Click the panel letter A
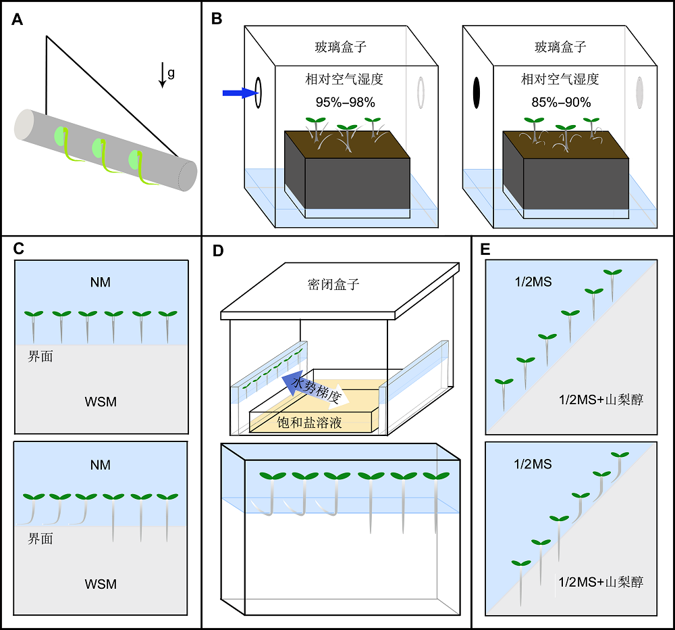[18, 20]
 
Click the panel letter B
[217, 18]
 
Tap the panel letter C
[18, 248]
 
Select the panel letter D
[218, 251]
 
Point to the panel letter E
[485, 249]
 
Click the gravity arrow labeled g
[162, 75]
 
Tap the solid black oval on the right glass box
[477, 93]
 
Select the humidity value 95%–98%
[345, 102]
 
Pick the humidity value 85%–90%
[561, 102]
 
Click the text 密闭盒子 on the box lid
[333, 285]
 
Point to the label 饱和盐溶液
[310, 422]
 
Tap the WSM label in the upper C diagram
[101, 402]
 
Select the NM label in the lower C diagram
[101, 465]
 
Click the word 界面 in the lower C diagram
[40, 539]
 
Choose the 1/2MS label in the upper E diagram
[533, 282]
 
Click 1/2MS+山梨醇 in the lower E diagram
[601, 582]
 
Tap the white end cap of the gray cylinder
[24, 125]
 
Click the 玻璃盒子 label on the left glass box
[340, 47]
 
